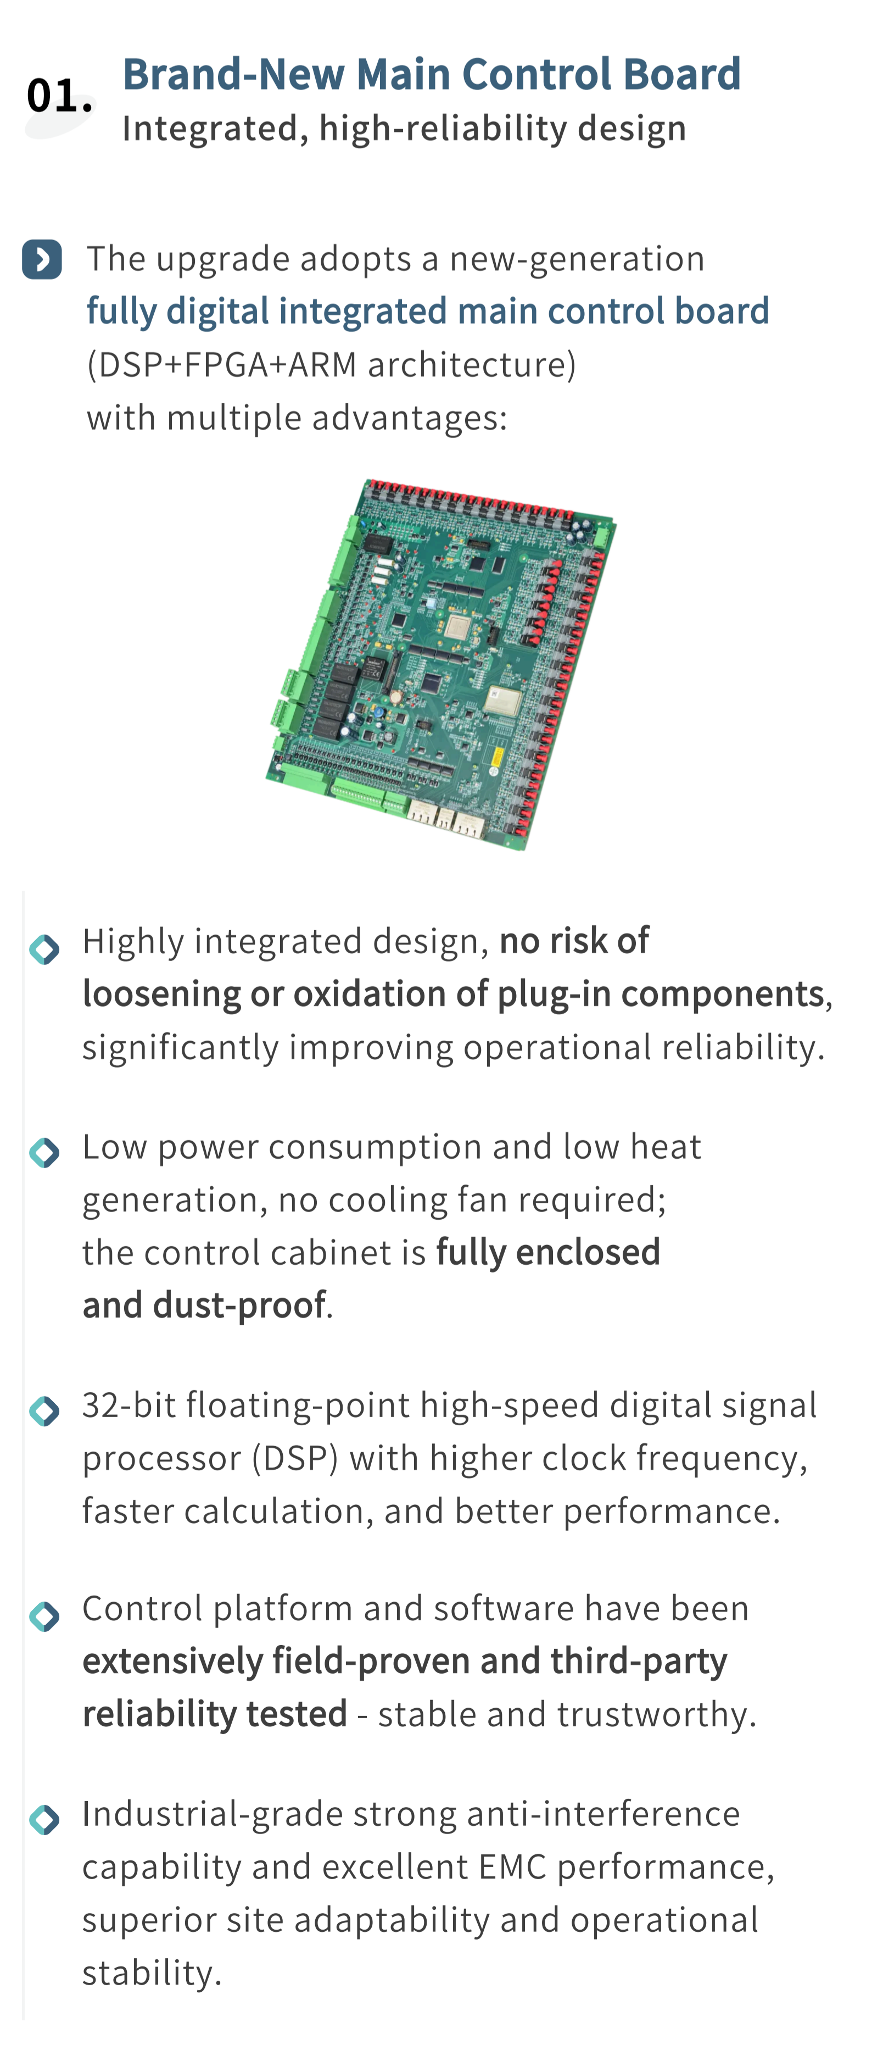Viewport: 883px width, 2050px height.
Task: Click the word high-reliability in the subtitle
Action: pyautogui.click(x=443, y=128)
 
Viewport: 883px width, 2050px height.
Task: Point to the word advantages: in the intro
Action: pyautogui.click(x=409, y=417)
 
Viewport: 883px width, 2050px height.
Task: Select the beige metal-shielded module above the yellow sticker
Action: pyautogui.click(x=504, y=701)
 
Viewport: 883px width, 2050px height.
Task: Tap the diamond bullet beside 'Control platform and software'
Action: pyautogui.click(x=44, y=1616)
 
